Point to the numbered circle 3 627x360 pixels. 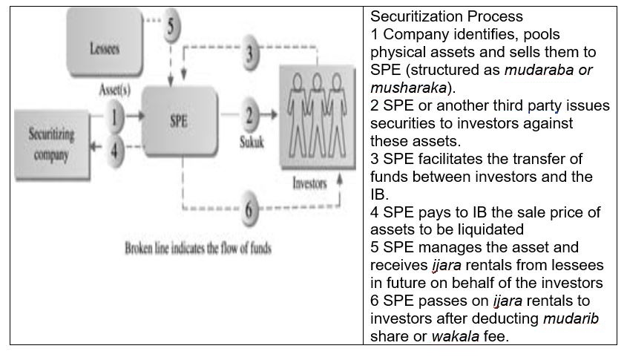[x=251, y=53]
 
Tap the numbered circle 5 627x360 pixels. [x=171, y=27]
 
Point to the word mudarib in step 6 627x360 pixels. [x=570, y=318]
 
